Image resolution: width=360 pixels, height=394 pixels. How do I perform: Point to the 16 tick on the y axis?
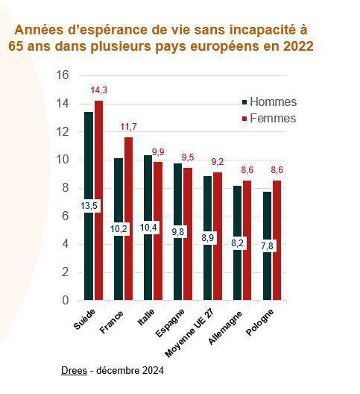pyautogui.click(x=63, y=75)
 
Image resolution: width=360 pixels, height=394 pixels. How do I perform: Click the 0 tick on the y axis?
pyautogui.click(x=66, y=301)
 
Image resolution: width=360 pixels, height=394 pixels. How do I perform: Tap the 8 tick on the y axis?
pyautogui.click(x=66, y=188)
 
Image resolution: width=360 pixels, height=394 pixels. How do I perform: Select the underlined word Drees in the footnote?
pyautogui.click(x=74, y=371)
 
